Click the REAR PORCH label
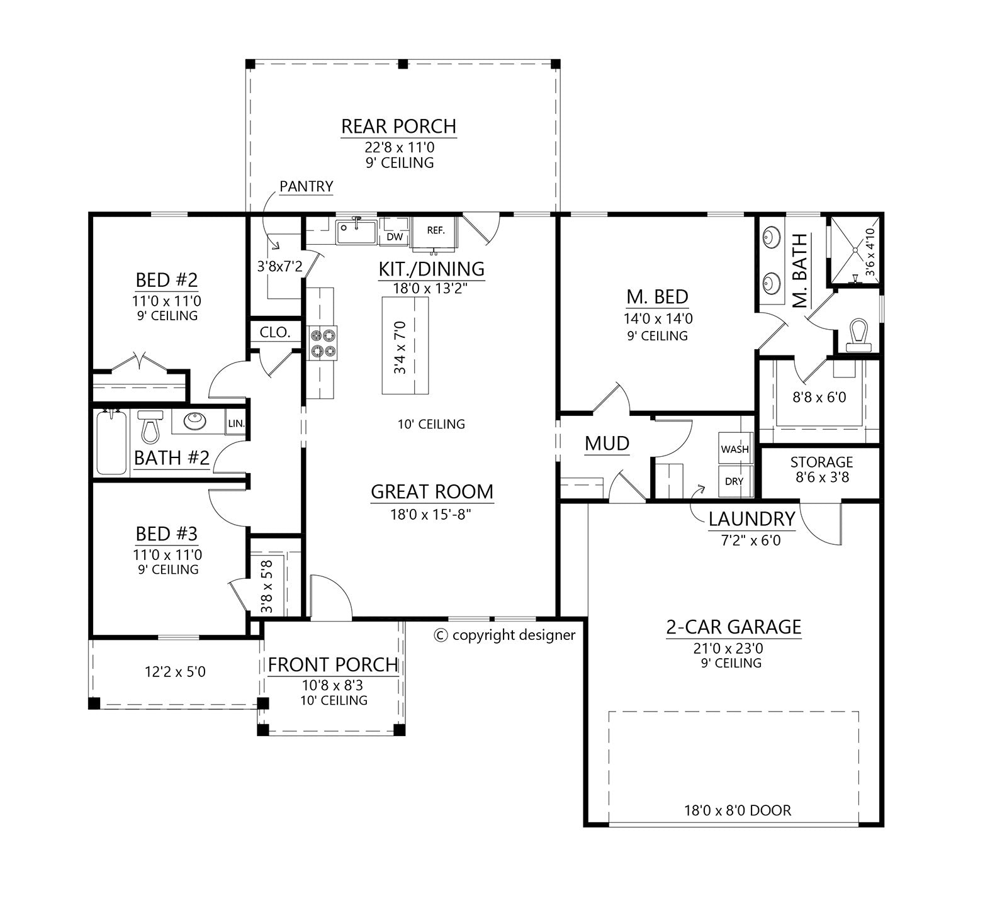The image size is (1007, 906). pos(398,126)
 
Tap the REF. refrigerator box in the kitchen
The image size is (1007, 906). pos(436,230)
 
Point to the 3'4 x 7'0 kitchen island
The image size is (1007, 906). pos(405,346)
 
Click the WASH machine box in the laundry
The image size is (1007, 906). pos(734,449)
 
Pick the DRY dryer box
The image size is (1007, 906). pos(734,481)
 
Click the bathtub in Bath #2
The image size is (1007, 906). pos(111,443)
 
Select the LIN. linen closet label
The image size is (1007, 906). pos(236,423)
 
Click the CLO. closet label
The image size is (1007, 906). pos(275,332)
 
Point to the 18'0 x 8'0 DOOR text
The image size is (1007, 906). pos(737,810)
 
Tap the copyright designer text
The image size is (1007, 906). pos(505,635)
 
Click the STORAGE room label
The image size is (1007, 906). pos(821,462)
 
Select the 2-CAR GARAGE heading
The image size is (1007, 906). pos(733,627)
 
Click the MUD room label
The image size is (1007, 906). pos(607,444)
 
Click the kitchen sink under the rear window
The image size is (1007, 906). pos(356,232)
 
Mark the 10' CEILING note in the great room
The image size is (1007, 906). pos(431,424)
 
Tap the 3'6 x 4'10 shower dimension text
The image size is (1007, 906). pos(870,252)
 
